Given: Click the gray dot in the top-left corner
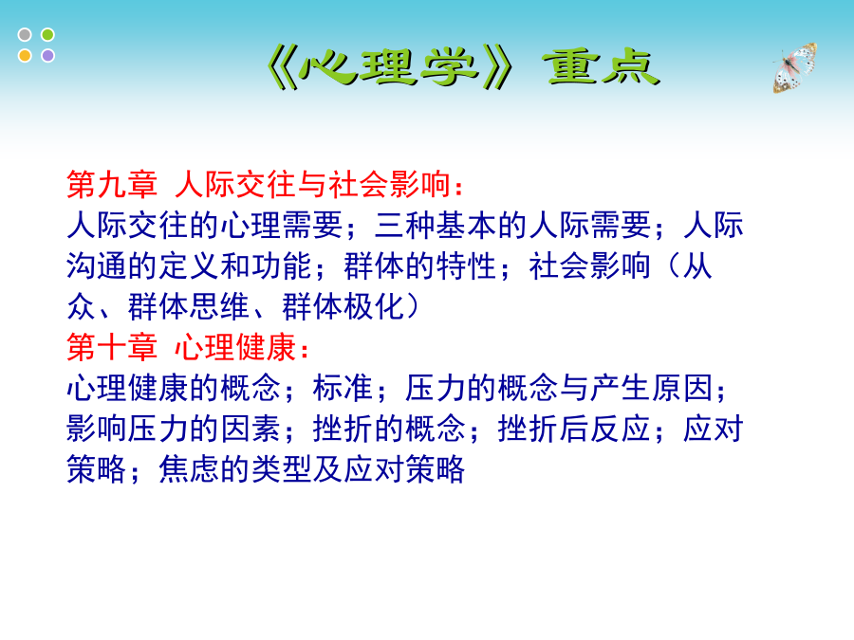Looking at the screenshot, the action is pyautogui.click(x=25, y=35).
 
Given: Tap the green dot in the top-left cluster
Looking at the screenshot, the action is pyautogui.click(x=48, y=35).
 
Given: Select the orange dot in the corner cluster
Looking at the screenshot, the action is pyautogui.click(x=25, y=56).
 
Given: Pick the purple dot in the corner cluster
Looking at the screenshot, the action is pyautogui.click(x=48, y=56).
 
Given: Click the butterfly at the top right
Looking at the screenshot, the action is pyautogui.click(x=794, y=68).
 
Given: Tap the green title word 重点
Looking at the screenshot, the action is pyautogui.click(x=602, y=67).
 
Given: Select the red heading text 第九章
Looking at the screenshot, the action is pyautogui.click(x=112, y=184).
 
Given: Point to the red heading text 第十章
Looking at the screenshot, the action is pyautogui.click(x=112, y=347).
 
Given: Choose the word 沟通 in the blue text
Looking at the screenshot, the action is pyautogui.click(x=97, y=266).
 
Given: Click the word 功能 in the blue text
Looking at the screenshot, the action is pyautogui.click(x=282, y=266).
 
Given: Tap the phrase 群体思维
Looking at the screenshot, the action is pyautogui.click(x=189, y=306).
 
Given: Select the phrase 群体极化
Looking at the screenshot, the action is pyautogui.click(x=343, y=306).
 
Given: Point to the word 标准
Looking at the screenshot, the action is pyautogui.click(x=343, y=388).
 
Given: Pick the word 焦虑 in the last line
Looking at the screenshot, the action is pyautogui.click(x=189, y=469).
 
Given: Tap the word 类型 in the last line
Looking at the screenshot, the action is pyautogui.click(x=282, y=469).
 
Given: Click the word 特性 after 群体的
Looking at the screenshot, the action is pyautogui.click(x=466, y=266).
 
